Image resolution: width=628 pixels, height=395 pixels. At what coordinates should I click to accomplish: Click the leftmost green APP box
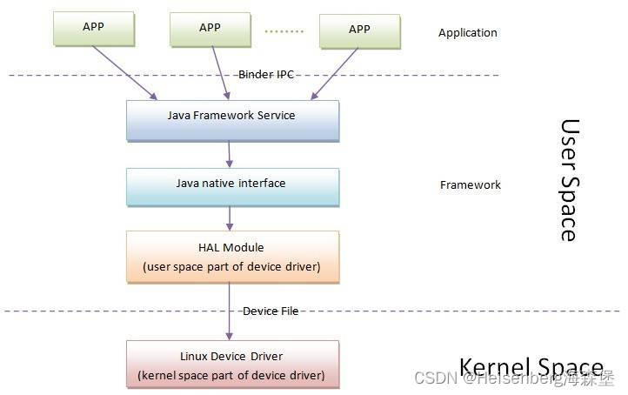pyautogui.click(x=94, y=28)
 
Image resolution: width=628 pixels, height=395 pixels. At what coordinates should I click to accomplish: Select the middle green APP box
pyautogui.click(x=210, y=28)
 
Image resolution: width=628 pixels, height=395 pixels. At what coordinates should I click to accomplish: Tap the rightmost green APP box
pyautogui.click(x=359, y=30)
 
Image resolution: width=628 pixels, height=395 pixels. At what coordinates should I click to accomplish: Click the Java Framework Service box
pyautogui.click(x=231, y=120)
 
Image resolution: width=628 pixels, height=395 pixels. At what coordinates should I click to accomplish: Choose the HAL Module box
pyautogui.click(x=231, y=257)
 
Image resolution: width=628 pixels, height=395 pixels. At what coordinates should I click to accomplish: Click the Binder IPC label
pyautogui.click(x=266, y=76)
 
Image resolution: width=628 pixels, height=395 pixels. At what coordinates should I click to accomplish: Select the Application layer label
pyautogui.click(x=468, y=33)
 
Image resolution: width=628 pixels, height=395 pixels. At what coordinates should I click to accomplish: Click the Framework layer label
pyautogui.click(x=471, y=185)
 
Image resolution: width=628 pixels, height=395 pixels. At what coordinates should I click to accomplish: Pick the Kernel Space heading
pyautogui.click(x=530, y=366)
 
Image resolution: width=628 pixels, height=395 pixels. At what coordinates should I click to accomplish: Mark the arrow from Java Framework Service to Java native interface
pyautogui.click(x=230, y=154)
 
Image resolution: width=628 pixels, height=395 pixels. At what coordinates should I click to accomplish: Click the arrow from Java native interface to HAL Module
pyautogui.click(x=230, y=218)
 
